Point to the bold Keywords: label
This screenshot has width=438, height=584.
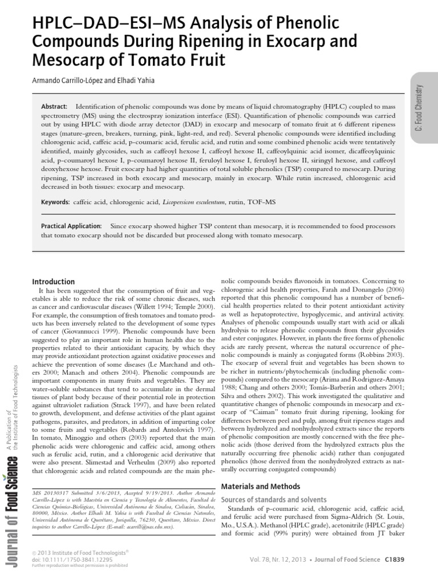click(55, 202)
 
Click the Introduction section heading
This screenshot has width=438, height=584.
click(53, 282)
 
